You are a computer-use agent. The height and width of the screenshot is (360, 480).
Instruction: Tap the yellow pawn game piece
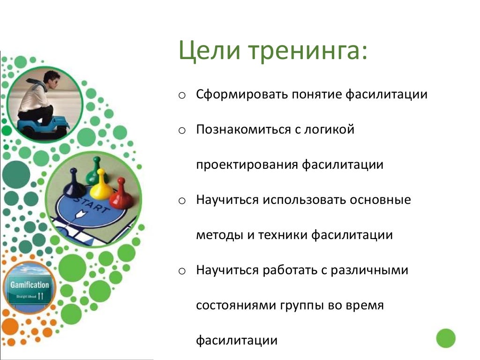pyautogui.click(x=101, y=186)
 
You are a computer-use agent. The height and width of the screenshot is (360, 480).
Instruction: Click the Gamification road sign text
pyautogui.click(x=30, y=285)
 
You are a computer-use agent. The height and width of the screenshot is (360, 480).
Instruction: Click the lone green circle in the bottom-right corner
pyautogui.click(x=445, y=338)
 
